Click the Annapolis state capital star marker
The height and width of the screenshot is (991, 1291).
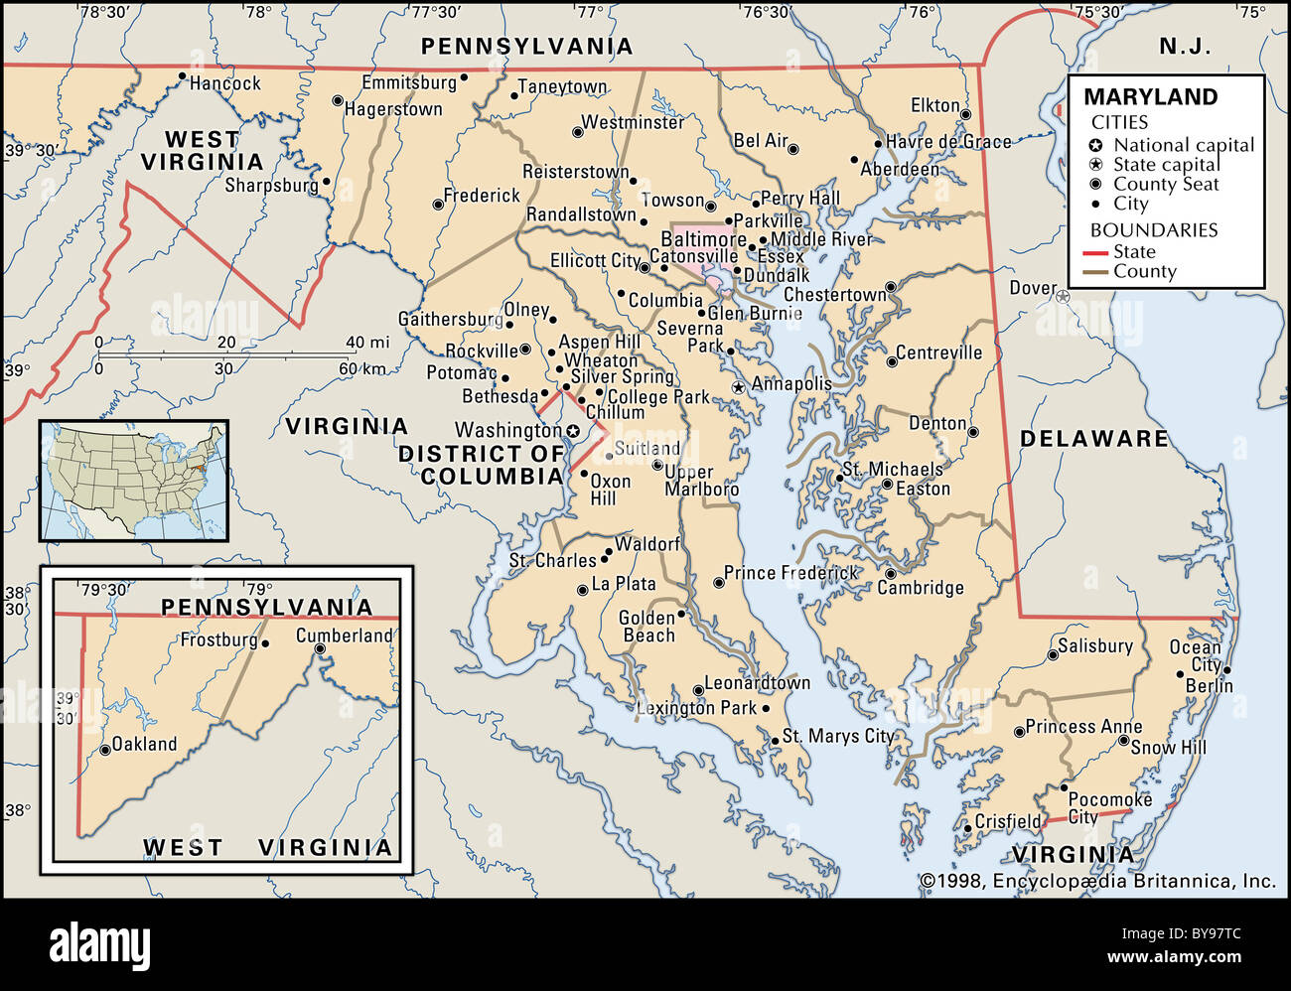click(738, 386)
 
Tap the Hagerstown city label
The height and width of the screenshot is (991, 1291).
click(393, 109)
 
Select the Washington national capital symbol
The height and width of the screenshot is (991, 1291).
click(573, 431)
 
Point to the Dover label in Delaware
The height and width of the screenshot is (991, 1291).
click(1033, 288)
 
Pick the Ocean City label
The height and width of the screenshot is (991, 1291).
click(1195, 655)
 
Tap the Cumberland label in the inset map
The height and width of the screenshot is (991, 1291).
click(345, 636)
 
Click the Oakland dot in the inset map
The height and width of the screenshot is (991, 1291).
click(105, 751)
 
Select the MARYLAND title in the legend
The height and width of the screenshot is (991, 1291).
click(1150, 97)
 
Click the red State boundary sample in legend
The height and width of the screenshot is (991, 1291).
click(1093, 253)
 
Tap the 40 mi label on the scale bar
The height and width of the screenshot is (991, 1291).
click(367, 343)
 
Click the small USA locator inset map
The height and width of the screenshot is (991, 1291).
click(134, 481)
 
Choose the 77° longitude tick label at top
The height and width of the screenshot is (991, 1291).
click(590, 12)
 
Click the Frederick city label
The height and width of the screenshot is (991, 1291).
click(482, 196)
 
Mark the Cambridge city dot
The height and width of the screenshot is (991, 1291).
click(890, 573)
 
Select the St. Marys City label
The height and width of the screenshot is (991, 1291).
click(838, 736)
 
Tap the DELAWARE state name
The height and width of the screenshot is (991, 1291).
click(1094, 439)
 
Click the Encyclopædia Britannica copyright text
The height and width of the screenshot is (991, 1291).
click(1097, 880)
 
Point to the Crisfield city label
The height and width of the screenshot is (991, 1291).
click(1007, 821)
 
